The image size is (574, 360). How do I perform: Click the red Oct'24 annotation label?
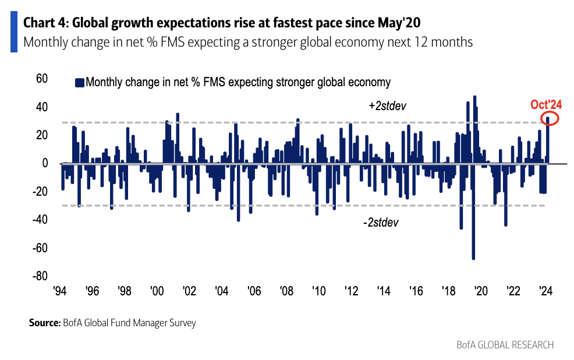coord(545,105)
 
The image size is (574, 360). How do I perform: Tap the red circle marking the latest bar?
coord(548,119)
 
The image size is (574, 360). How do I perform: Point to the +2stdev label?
coord(387,107)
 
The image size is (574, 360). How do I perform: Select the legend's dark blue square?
coord(79,82)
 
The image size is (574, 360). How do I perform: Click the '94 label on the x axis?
coord(59,291)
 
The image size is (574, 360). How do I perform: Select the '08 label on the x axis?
coord(286,291)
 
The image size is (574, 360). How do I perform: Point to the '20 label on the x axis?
coord(480,291)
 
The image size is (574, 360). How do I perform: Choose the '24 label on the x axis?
coord(545,291)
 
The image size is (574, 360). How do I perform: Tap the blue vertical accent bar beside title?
coord(14,32)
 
